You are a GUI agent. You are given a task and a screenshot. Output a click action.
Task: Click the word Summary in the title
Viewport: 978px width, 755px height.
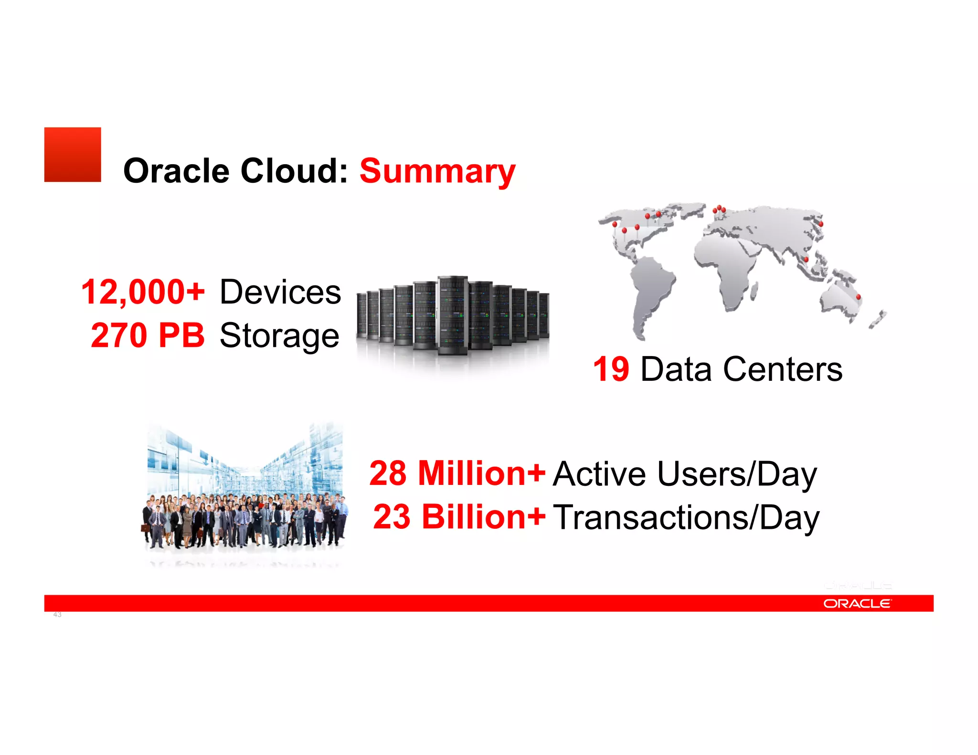click(x=437, y=171)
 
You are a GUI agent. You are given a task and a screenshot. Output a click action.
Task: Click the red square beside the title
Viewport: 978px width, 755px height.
click(x=73, y=154)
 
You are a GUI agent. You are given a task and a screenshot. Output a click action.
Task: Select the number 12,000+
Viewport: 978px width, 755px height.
click(x=143, y=292)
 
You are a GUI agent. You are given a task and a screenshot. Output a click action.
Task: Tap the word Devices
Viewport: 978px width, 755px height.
click(x=280, y=292)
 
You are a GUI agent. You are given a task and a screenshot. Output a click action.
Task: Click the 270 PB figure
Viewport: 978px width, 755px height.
click(x=148, y=335)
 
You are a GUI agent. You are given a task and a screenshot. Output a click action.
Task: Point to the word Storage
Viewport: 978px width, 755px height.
click(x=279, y=336)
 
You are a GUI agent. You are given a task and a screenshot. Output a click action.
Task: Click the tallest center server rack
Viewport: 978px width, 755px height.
click(x=452, y=315)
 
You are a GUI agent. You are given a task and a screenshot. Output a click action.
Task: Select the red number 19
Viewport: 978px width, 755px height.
click(x=611, y=369)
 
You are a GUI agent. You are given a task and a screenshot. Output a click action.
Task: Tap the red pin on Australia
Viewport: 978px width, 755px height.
click(x=858, y=297)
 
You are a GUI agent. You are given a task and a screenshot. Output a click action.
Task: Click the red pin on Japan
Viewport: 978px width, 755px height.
click(x=821, y=223)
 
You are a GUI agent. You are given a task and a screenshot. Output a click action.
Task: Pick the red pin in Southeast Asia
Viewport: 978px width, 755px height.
click(x=806, y=259)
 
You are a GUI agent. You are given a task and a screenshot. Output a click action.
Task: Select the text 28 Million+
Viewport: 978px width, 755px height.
click(x=457, y=473)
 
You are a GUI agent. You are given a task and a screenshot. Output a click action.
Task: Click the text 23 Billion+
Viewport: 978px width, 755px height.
click(x=459, y=517)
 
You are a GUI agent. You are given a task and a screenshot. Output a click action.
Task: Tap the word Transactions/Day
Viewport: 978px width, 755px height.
click(x=686, y=517)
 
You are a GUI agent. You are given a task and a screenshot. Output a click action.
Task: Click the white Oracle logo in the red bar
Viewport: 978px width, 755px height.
click(x=857, y=604)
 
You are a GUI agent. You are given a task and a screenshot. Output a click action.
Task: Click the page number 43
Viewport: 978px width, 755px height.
click(x=57, y=615)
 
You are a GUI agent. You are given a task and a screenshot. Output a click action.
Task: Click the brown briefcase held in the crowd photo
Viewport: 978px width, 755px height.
click(x=145, y=528)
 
